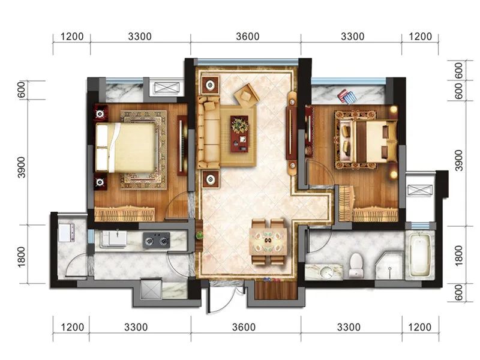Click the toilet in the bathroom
[x=356, y=265]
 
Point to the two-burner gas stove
[x=157, y=240]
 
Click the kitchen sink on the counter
[x=114, y=238]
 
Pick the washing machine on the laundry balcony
[x=67, y=232]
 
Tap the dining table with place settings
[x=268, y=241]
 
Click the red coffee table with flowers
[x=239, y=133]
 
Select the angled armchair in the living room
[x=247, y=95]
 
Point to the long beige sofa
[x=209, y=132]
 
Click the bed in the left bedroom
[x=126, y=148]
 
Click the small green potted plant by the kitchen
[x=200, y=235]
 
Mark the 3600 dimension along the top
[x=248, y=37]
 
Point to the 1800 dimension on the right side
[x=459, y=256]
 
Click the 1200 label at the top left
[x=72, y=37]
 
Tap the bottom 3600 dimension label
[x=244, y=327]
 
